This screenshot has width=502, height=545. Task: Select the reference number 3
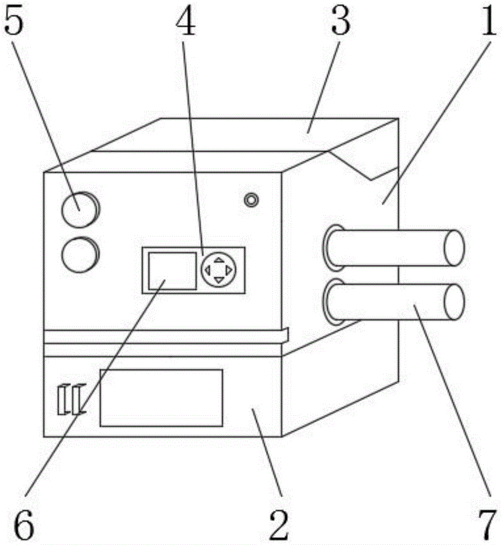click(x=340, y=21)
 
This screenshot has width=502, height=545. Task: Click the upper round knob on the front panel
click(x=79, y=209)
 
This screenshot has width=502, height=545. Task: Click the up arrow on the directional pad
click(x=218, y=259)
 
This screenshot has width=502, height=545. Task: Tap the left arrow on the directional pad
click(x=207, y=269)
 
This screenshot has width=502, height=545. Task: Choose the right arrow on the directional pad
click(x=229, y=269)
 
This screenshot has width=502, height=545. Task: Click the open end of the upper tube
click(x=454, y=248)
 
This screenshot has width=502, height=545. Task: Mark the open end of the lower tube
click(x=454, y=301)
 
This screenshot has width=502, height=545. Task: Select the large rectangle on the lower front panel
click(x=161, y=397)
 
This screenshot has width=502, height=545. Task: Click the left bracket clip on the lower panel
click(x=63, y=399)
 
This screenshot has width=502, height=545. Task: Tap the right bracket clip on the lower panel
click(x=78, y=399)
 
